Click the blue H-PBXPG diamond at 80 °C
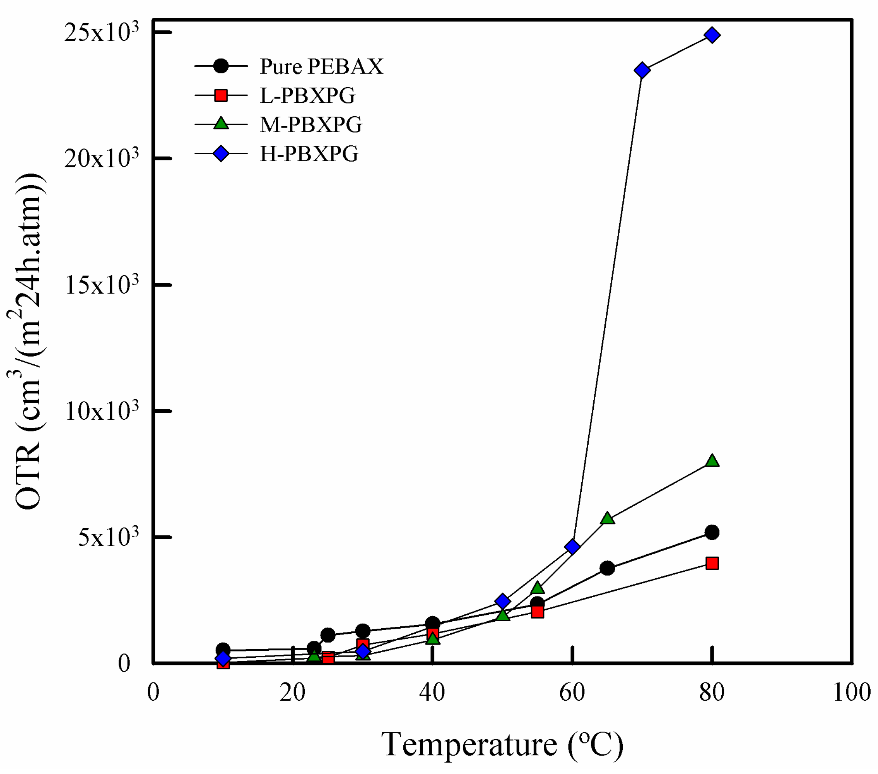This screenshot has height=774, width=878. pos(712,35)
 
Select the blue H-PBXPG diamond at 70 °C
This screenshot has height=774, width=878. pos(642,70)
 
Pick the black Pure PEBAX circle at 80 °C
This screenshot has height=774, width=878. pos(712,532)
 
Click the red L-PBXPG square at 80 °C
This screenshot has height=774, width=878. pos(712,563)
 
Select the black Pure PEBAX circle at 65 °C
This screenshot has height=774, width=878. pos(607,568)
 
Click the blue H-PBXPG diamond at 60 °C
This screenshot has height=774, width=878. pos(572,546)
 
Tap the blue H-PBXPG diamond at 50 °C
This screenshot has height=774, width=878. pos(502,601)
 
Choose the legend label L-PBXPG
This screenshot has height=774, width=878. pos(308,95)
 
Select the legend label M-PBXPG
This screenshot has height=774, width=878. pos(311,124)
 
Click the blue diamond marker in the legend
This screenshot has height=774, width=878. pos(221,153)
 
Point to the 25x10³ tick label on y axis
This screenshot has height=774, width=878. pos(102,33)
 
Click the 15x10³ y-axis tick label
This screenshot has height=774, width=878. pos(102,285)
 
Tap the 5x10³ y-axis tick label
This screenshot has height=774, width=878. pos(108,538)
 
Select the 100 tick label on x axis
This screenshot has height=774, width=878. pos(851,693)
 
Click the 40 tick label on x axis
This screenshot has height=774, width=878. pos(432,693)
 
